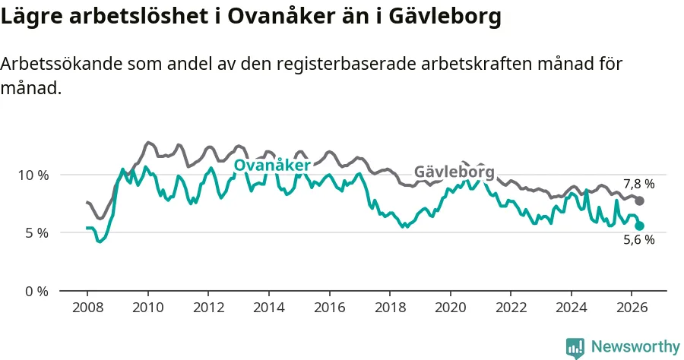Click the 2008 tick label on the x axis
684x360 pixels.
[87, 308]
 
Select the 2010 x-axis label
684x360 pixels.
[148, 308]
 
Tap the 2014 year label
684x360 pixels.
[269, 308]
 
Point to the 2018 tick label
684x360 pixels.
[391, 308]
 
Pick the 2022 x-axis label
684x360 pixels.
[511, 308]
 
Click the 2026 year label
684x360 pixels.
[632, 308]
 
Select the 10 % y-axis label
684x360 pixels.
[33, 175]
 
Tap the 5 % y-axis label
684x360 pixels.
[36, 233]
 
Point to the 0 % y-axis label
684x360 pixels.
[36, 291]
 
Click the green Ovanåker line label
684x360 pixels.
[272, 165]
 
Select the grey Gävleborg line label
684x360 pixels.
[454, 172]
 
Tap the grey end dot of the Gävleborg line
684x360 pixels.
[639, 201]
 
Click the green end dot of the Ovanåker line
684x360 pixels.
[639, 226]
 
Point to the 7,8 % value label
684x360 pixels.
[639, 184]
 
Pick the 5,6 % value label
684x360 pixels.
[639, 240]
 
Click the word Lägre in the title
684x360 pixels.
[32, 17]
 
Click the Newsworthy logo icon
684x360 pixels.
[575, 348]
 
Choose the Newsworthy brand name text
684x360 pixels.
[635, 347]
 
